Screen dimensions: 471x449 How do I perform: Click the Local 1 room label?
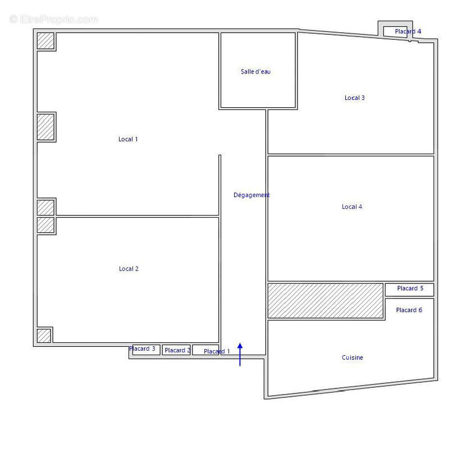pos(128,139)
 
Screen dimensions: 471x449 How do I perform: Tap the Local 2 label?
pos(129,269)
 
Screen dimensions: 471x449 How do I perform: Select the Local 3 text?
pos(354,98)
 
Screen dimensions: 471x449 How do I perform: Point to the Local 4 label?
pos(352,207)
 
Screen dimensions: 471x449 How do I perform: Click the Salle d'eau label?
pos(255,71)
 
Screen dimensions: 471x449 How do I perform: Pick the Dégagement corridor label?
pos(251,195)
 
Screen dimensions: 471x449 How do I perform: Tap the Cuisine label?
pos(353,358)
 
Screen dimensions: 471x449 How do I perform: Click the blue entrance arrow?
pos(240,354)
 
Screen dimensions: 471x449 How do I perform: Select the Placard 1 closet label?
pos(217,351)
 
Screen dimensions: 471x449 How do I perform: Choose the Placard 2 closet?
pos(176,350)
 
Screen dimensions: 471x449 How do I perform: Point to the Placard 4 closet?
pos(395,31)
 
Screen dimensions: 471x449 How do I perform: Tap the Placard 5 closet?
pos(410,290)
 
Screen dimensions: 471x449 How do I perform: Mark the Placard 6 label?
pos(409,310)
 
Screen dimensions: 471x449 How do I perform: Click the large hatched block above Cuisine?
pos(325,301)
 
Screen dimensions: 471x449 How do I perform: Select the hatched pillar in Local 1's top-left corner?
pos(45,40)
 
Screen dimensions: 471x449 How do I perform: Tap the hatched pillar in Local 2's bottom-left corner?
pos(44,336)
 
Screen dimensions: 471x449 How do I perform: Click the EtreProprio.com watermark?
pos(54,20)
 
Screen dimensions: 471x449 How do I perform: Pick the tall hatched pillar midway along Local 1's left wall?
pos(45,127)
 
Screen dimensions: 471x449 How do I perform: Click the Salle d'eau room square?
pos(258,70)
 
